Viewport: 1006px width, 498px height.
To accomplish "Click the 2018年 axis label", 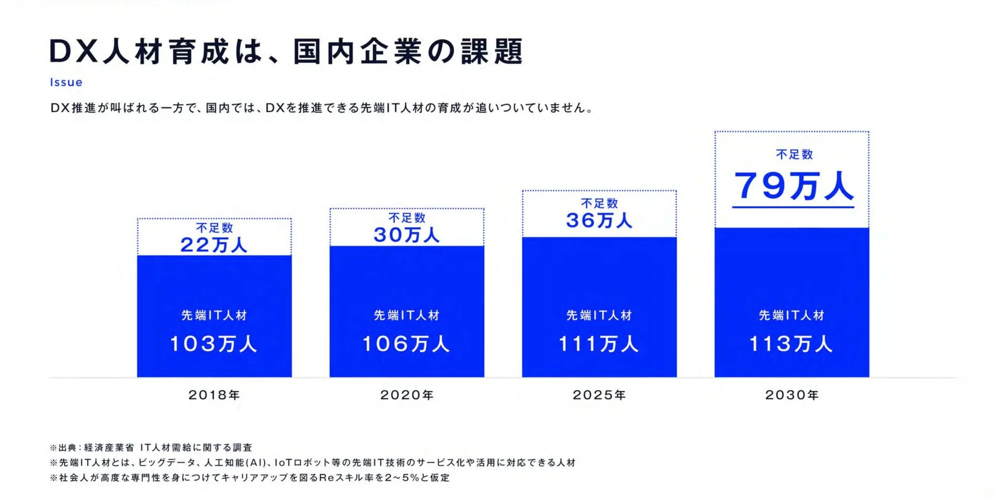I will [214, 395].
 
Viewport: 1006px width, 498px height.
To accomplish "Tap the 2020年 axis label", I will [407, 395].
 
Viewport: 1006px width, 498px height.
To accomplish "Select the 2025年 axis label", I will [599, 395].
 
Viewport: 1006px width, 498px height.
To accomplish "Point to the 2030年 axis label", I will [791, 395].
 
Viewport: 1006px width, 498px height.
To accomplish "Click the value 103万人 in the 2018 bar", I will [214, 344].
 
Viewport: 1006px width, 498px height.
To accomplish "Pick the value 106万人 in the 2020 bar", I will [406, 344].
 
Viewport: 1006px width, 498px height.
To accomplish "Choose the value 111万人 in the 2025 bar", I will [598, 344].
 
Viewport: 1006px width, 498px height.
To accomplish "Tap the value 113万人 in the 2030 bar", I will [791, 344].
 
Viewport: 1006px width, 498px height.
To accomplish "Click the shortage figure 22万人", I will [214, 245].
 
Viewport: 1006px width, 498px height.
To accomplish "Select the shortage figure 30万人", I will [407, 235].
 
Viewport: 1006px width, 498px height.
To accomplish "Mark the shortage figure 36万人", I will [599, 221].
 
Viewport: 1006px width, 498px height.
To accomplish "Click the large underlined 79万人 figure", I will [793, 187].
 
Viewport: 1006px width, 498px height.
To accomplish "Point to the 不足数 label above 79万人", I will [794, 154].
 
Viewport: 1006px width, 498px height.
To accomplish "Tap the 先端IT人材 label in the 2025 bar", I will [599, 316].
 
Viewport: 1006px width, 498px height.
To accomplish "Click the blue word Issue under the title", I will [66, 82].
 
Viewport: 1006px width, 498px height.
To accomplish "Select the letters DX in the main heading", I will [73, 52].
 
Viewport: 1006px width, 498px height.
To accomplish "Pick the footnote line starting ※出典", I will [151, 447].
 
